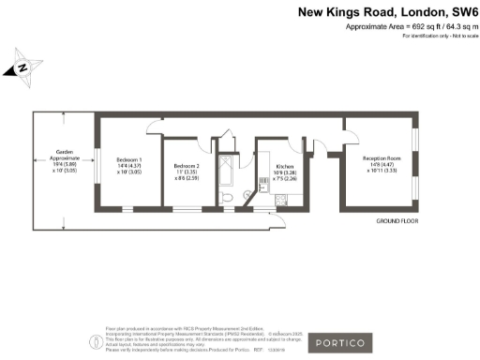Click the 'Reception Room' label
click(382, 159)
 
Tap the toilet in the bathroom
click(229, 198)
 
